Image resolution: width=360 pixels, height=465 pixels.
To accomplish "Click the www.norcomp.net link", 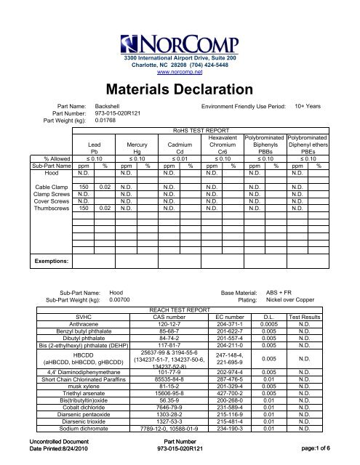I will tap(180, 73).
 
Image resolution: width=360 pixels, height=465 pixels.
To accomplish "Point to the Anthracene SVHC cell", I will tap(69, 325).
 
